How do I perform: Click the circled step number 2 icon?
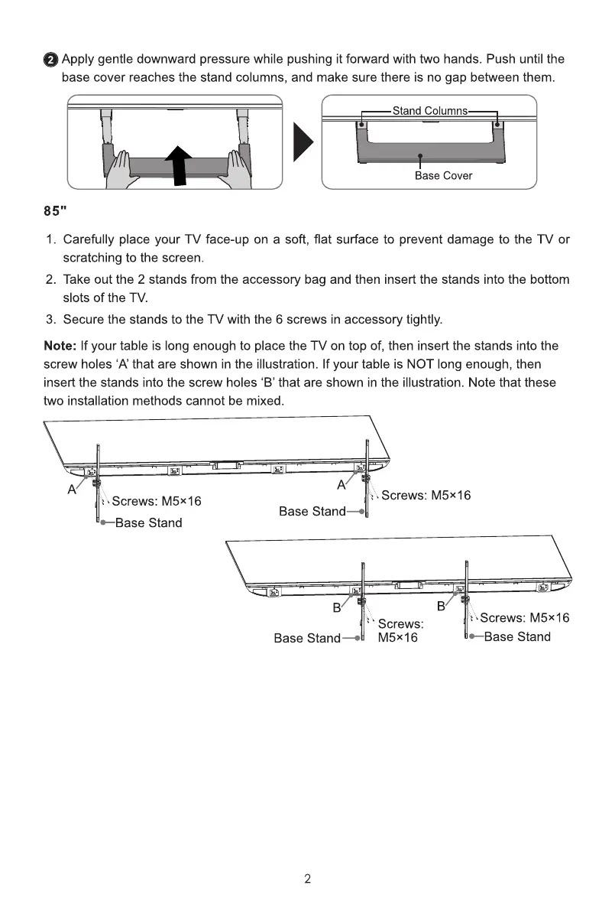(50, 60)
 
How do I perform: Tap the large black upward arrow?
(180, 164)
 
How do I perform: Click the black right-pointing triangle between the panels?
(304, 142)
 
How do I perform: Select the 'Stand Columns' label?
(429, 111)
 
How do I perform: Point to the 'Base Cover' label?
(443, 176)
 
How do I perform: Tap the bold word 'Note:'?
(60, 347)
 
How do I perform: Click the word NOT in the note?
(422, 364)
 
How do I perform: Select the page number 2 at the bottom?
(307, 879)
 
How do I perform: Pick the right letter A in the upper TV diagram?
(341, 484)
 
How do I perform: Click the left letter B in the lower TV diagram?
(335, 609)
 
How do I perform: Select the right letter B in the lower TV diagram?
(440, 607)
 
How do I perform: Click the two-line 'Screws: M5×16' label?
(400, 631)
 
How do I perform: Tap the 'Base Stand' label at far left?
(148, 523)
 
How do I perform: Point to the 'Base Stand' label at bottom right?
(516, 637)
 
